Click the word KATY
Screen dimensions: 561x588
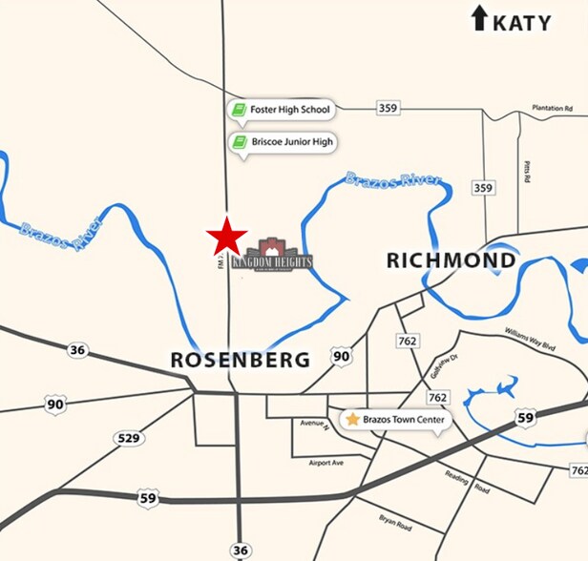click(521, 21)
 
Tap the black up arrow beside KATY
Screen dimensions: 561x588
click(479, 18)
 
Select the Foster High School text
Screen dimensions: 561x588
click(290, 110)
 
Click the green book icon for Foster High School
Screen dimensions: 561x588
click(239, 110)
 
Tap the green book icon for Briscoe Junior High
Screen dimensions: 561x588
click(239, 143)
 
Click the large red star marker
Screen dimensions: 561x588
click(227, 237)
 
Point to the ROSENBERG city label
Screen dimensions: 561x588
click(240, 360)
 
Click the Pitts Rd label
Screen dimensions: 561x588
click(526, 172)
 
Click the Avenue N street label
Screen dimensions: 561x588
click(313, 423)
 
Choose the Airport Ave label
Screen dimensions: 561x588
click(326, 461)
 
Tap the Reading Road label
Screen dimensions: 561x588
click(467, 482)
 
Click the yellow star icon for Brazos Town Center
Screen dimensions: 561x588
click(353, 419)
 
